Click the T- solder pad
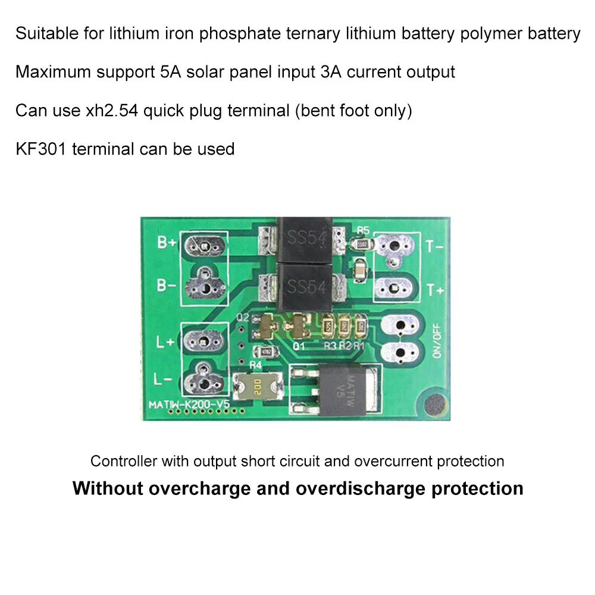393,246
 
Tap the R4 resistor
263,352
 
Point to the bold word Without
108,488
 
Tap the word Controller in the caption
124,461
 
